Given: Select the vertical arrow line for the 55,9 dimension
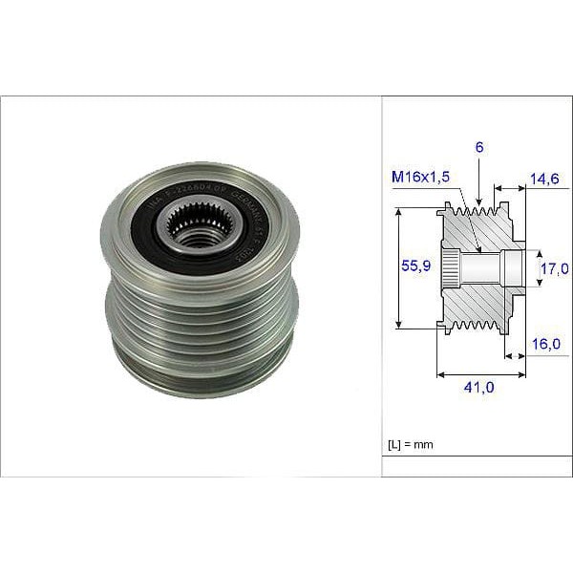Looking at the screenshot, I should (x=398, y=269).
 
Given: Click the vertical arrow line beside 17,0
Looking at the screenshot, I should (x=534, y=268).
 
